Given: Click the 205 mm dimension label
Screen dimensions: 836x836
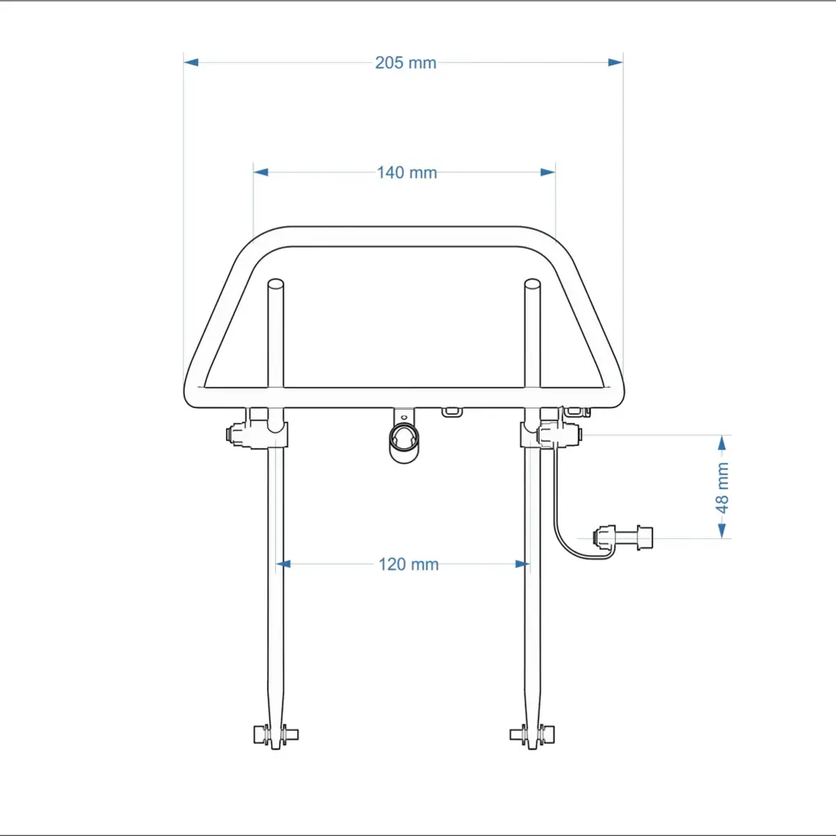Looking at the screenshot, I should pyautogui.click(x=406, y=63).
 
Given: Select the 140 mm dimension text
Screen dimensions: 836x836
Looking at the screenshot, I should pyautogui.click(x=407, y=172).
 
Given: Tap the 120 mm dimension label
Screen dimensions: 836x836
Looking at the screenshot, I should pyautogui.click(x=408, y=564).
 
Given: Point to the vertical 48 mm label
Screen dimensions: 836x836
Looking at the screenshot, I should pyautogui.click(x=723, y=487).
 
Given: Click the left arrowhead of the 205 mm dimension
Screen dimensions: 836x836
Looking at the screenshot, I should pyautogui.click(x=191, y=62).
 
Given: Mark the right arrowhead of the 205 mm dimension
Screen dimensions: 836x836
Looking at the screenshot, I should pyautogui.click(x=616, y=62).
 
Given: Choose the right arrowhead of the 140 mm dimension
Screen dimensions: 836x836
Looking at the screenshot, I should pyautogui.click(x=548, y=172).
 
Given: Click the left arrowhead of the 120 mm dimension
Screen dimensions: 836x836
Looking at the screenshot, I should pyautogui.click(x=283, y=563).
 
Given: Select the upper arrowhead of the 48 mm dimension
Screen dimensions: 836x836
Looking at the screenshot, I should pyautogui.click(x=722, y=442).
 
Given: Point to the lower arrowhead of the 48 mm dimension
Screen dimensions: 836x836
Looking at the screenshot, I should pyautogui.click(x=722, y=531).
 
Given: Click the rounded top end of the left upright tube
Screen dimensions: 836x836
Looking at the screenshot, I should pyautogui.click(x=275, y=285).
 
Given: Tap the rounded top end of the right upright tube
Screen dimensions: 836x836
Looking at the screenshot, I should pyautogui.click(x=532, y=285).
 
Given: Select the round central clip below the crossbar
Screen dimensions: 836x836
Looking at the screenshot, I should pyautogui.click(x=403, y=440).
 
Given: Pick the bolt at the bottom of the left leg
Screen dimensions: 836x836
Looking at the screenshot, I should pyautogui.click(x=275, y=734).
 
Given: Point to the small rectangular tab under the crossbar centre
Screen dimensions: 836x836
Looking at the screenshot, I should pyautogui.click(x=451, y=411).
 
